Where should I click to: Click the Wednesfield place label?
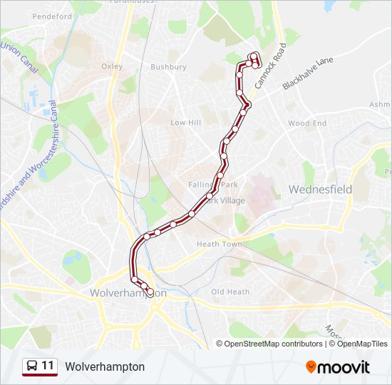pos(320,190)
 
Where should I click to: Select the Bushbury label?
pos(168,67)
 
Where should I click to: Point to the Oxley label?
pos(112,66)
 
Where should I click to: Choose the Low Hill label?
pos(185,123)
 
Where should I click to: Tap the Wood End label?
pos(307,123)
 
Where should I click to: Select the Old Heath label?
pos(230,292)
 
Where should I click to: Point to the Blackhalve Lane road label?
pos(308,73)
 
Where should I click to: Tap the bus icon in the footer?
pos(32,366)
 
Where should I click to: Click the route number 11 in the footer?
pos(48,366)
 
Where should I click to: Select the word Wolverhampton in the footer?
pos(105,366)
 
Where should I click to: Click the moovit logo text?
pos(344,366)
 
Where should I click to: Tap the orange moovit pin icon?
pos(311,366)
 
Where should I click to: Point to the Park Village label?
pos(228,201)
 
